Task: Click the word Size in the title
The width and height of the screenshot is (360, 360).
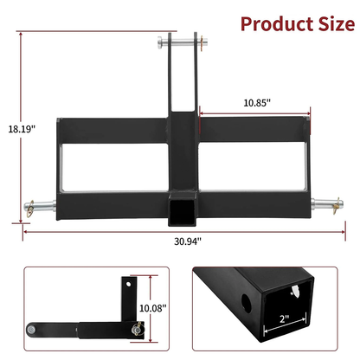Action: (326, 22)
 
